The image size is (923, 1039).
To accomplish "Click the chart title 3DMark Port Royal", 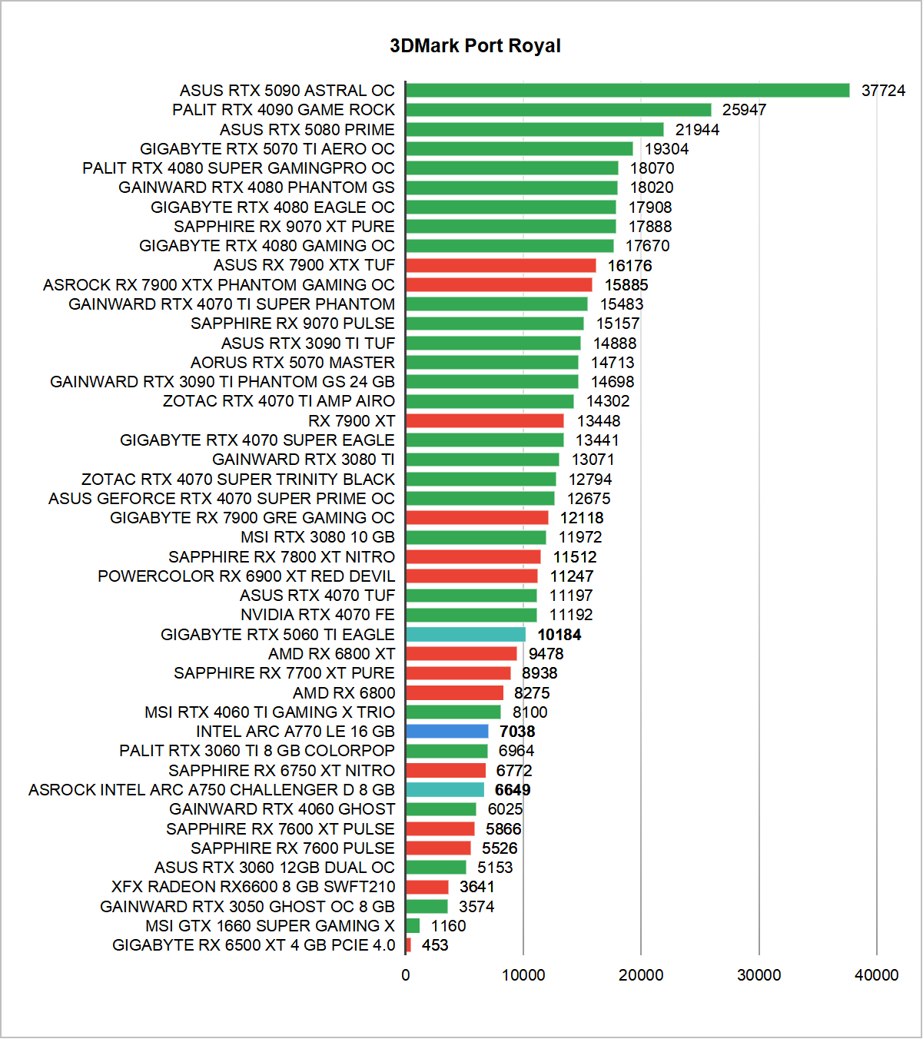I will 475,46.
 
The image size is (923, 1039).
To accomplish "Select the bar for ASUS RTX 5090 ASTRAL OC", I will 627,91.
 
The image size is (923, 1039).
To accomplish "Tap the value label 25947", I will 744,110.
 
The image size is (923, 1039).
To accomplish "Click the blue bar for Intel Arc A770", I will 447,731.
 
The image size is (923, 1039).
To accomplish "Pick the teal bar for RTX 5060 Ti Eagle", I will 466,634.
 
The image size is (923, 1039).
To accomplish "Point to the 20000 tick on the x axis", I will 641,975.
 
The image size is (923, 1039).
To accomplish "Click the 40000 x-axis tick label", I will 876,975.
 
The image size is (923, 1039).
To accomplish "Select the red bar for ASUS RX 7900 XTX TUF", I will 500,265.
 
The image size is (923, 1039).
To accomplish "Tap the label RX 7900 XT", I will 351,421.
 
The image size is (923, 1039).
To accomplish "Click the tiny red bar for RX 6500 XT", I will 408,945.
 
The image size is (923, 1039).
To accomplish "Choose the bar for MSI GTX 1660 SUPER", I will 413,925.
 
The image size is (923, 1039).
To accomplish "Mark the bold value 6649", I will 513,790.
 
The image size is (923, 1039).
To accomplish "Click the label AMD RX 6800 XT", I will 331,654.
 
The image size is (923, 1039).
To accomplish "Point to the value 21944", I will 697,130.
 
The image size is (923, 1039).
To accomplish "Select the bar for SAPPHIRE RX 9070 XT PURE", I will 511,227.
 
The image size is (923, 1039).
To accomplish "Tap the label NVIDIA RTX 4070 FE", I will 317,615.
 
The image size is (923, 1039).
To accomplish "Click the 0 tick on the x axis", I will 406,975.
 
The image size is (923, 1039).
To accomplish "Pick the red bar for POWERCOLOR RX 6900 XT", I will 472,576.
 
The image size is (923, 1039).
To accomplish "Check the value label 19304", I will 666,149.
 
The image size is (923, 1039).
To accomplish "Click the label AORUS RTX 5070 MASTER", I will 293,363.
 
